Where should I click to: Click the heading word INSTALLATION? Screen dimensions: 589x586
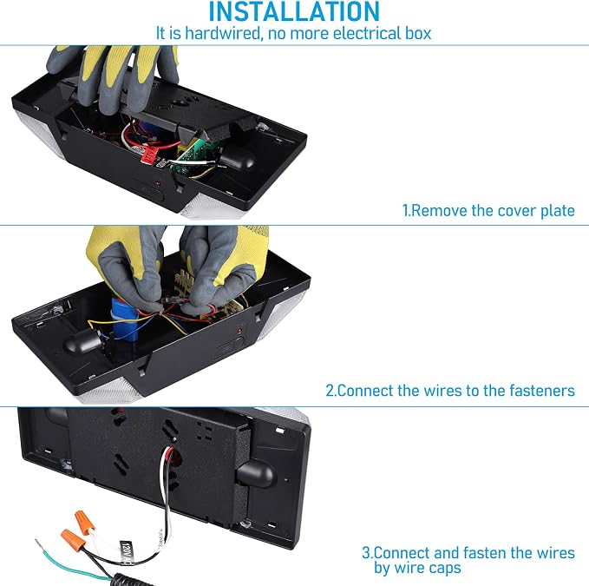pyautogui.click(x=294, y=11)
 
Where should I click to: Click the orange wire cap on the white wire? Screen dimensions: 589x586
pyautogui.click(x=84, y=522)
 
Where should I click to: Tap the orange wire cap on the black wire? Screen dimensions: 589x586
pyautogui.click(x=73, y=540)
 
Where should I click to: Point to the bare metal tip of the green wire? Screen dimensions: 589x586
pyautogui.click(x=39, y=543)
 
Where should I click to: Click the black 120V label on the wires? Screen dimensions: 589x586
pyautogui.click(x=127, y=553)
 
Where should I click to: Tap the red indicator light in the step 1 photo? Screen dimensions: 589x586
pyautogui.click(x=158, y=184)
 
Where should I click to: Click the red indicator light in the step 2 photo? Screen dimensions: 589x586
pyautogui.click(x=239, y=331)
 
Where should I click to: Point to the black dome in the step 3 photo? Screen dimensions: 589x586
pyautogui.click(x=257, y=474)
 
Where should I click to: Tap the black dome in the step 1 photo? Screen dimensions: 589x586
pyautogui.click(x=237, y=158)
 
